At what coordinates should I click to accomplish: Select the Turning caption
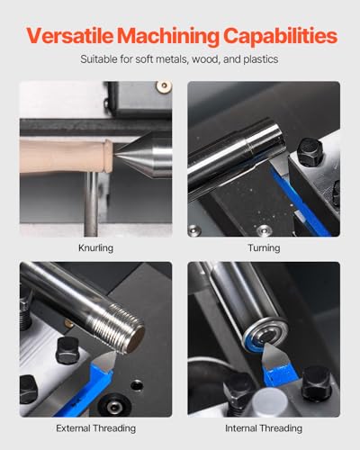[264, 247]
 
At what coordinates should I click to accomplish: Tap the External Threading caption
[95, 428]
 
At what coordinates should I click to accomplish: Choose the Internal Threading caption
[264, 428]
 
